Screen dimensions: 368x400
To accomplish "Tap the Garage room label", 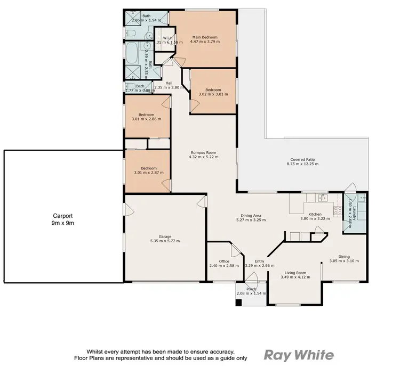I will (164, 236).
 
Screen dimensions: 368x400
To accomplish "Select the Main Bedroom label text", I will (205, 38).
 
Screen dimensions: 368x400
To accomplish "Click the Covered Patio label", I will (304, 159).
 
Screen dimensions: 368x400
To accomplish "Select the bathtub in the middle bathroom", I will (131, 54).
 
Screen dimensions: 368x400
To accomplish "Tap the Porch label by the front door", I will (246, 290).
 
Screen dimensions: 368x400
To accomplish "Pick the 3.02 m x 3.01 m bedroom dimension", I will (213, 94).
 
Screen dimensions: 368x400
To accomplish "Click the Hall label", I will (169, 83).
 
